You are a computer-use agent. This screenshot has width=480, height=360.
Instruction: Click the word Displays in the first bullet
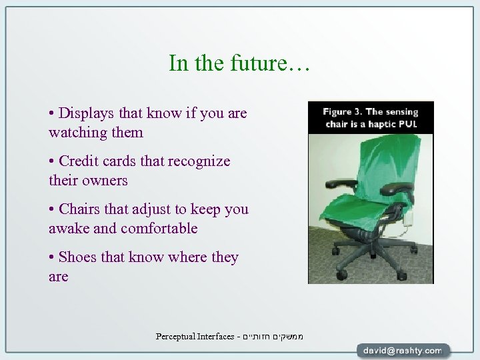pos(85,113)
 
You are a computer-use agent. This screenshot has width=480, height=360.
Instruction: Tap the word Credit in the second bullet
pos(79,161)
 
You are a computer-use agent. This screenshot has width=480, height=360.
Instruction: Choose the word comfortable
pos(159,229)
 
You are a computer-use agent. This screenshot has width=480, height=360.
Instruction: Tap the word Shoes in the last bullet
pos(79,257)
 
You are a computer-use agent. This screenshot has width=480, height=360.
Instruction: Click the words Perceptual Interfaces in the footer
pos(195,337)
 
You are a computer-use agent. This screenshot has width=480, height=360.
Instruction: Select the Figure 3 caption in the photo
pos(371,117)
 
